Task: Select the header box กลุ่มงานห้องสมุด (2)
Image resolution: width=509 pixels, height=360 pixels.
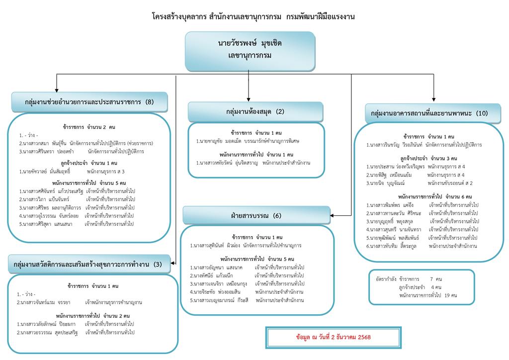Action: [x=255, y=112]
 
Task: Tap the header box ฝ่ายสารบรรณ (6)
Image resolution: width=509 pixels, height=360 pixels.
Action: [x=256, y=216]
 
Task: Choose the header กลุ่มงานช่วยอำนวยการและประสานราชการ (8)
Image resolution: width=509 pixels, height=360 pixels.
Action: [x=89, y=102]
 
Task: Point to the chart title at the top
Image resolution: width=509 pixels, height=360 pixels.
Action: [x=254, y=16]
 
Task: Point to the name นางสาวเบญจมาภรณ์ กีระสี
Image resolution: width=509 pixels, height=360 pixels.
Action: [x=219, y=300]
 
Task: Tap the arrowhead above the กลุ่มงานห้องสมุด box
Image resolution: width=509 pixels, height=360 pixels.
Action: [x=248, y=99]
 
